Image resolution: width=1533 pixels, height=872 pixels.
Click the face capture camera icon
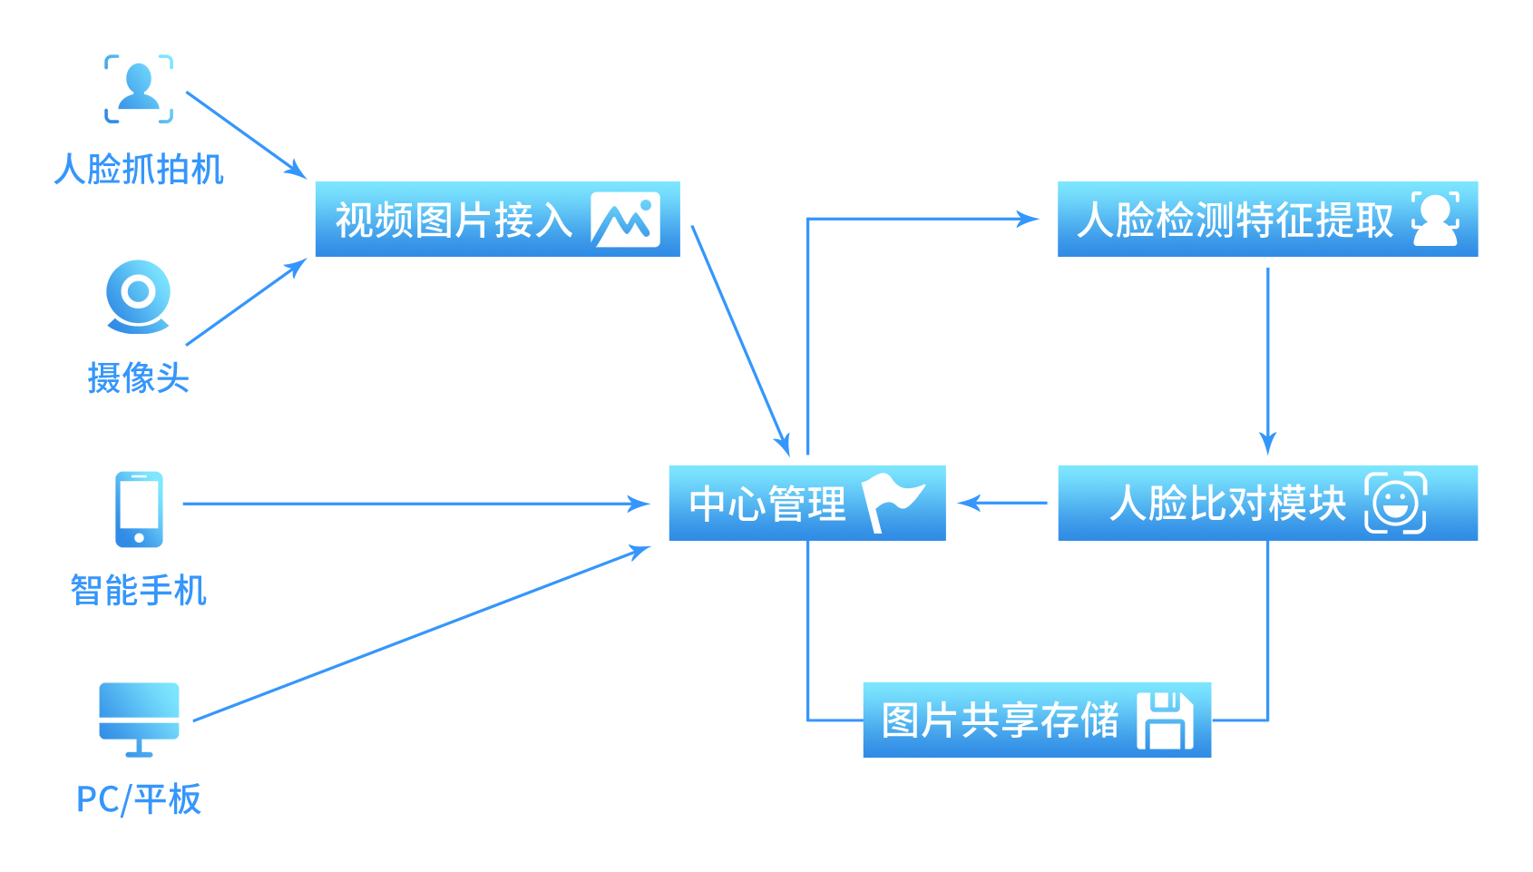pos(139,89)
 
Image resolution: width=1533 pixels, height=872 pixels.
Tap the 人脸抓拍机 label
pos(139,170)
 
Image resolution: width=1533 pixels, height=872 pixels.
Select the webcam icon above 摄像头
pos(139,296)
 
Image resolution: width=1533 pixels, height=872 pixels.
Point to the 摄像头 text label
pos(139,377)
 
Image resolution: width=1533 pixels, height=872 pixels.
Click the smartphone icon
pos(139,509)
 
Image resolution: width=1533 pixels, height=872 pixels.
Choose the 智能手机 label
pos(139,591)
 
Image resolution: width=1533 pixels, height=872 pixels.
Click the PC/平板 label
pos(139,799)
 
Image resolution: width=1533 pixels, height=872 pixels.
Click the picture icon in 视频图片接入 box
pos(625,220)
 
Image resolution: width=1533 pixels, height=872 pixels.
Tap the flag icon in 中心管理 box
pos(893,502)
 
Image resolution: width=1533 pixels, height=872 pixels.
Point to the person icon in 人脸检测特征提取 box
pos(1435,219)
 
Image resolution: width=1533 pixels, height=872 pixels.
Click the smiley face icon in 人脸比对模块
pos(1395,503)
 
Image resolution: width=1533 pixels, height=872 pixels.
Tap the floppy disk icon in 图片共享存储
pos(1166,720)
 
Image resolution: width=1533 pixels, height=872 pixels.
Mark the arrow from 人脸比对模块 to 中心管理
pos(1002,503)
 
